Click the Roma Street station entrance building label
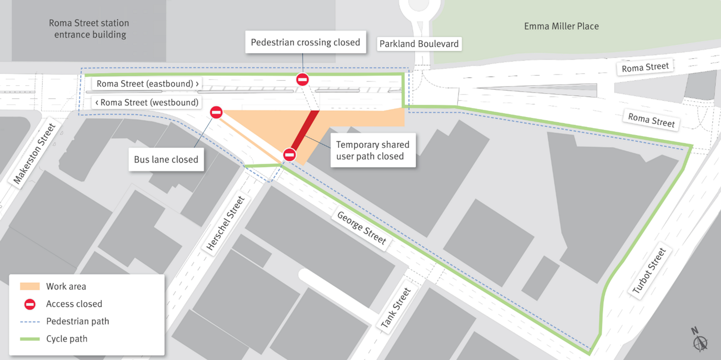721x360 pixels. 89,29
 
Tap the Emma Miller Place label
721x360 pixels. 561,26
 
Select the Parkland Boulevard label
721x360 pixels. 419,44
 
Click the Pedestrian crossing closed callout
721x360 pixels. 305,42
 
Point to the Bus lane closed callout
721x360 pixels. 166,159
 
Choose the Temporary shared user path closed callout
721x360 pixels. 373,151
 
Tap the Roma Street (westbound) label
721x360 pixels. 147,102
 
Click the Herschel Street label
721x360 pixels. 226,223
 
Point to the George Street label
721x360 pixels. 362,228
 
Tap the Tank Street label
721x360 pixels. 396,310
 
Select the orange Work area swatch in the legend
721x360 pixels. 30,286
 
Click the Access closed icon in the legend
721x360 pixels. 30,304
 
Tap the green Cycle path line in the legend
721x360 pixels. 30,339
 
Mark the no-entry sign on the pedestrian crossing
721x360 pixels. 303,79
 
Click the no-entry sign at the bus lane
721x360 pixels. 216,112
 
